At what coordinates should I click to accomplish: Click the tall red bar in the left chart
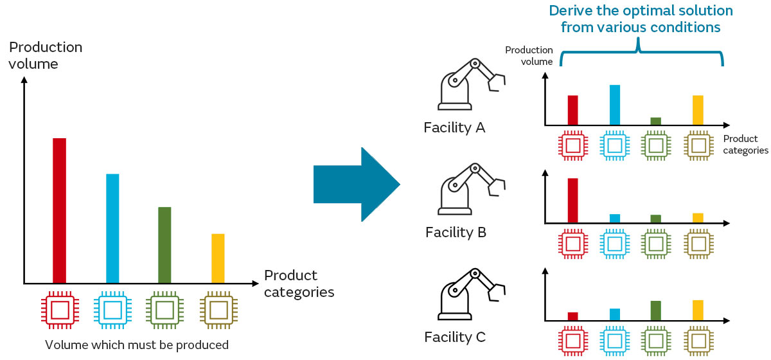point(59,210)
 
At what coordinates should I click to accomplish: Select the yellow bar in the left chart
point(218,258)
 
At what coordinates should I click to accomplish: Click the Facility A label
point(454,127)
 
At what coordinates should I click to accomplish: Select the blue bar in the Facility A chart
point(614,105)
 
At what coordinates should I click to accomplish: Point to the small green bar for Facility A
point(655,121)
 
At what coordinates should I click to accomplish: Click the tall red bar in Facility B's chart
point(572,201)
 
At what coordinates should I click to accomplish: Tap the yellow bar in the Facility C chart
point(698,310)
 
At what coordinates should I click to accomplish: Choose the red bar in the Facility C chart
point(572,316)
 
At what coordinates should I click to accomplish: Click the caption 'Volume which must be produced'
point(137,345)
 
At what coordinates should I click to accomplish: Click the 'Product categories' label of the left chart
point(299,283)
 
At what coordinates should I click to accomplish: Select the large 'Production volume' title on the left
point(45,55)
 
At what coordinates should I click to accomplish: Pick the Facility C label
point(455,337)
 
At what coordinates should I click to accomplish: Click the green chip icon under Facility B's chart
point(655,243)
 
